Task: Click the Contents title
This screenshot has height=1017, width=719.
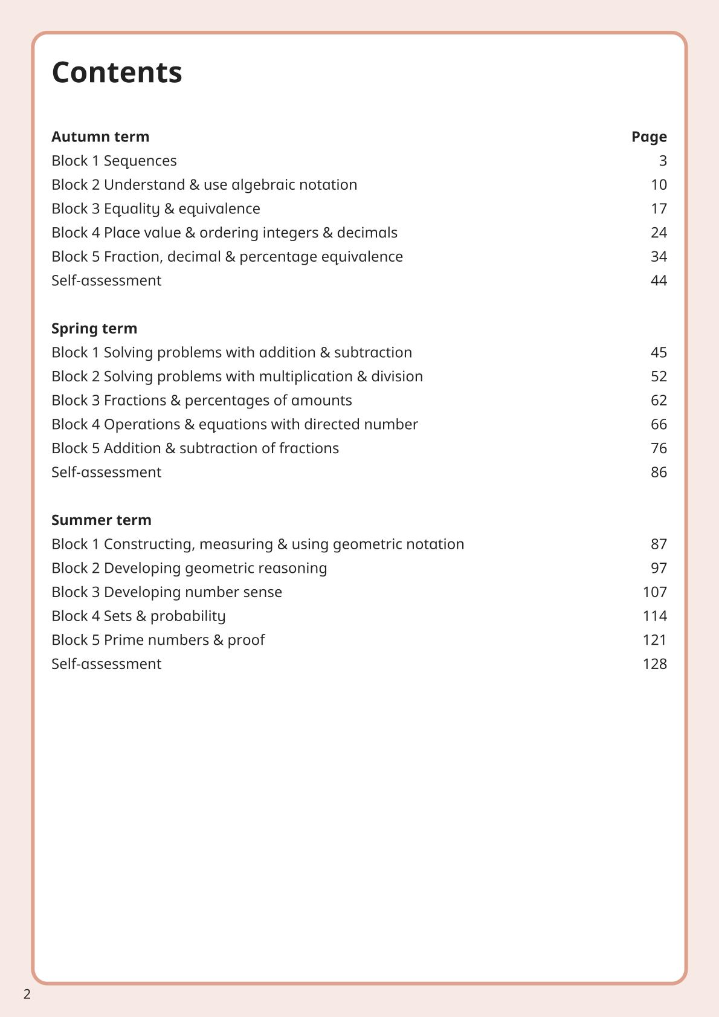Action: click(x=117, y=73)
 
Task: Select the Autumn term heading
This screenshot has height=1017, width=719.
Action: click(x=100, y=137)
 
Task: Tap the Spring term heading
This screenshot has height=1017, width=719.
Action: click(x=94, y=328)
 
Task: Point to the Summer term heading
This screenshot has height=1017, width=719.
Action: click(x=102, y=520)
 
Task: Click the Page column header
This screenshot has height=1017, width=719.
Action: click(x=649, y=137)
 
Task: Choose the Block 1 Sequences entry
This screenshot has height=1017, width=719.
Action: click(x=114, y=161)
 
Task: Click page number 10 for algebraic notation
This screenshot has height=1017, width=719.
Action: click(x=659, y=185)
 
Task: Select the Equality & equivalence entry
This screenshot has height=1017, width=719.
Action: click(x=156, y=208)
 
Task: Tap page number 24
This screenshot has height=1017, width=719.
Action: click(x=659, y=233)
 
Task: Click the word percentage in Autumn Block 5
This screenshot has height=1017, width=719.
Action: click(x=278, y=257)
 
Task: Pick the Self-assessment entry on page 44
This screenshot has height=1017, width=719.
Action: click(x=106, y=280)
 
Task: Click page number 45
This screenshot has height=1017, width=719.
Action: click(x=659, y=352)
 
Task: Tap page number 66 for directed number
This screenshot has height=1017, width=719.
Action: click(x=659, y=424)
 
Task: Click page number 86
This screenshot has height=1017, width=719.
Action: click(x=659, y=472)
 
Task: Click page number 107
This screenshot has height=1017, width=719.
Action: click(x=654, y=592)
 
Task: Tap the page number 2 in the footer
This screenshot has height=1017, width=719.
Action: click(x=27, y=995)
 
